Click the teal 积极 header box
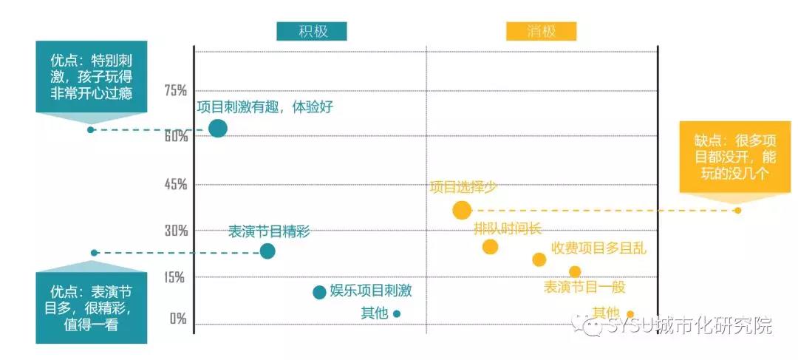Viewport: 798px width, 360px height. click(x=312, y=32)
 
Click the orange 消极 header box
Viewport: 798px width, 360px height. click(x=541, y=32)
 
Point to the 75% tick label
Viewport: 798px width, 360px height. click(x=176, y=90)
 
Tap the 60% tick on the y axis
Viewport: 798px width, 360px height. click(x=176, y=137)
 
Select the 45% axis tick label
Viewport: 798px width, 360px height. click(x=176, y=184)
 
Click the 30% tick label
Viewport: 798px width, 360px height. click(x=176, y=231)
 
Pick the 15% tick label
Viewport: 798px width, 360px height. click(x=176, y=277)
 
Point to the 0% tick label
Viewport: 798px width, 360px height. click(x=178, y=319)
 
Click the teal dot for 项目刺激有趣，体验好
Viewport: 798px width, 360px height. click(x=217, y=129)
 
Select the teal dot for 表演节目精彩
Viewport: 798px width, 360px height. click(x=267, y=251)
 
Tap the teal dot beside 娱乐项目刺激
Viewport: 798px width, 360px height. click(x=319, y=292)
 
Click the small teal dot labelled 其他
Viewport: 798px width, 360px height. click(x=397, y=313)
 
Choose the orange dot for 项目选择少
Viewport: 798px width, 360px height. click(x=462, y=210)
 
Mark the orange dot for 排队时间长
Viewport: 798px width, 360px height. click(x=490, y=247)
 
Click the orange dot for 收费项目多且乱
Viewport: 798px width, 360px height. click(x=539, y=259)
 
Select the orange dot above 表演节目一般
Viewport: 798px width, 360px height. click(x=575, y=272)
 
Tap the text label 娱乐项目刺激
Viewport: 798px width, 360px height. click(x=370, y=291)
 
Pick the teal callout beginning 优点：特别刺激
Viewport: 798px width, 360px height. click(x=90, y=75)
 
